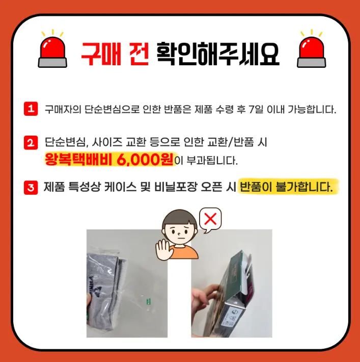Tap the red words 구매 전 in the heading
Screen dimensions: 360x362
[115, 54]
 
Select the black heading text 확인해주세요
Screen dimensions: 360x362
[218, 54]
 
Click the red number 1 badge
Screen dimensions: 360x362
[31, 109]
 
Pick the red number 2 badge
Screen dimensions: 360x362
[31, 143]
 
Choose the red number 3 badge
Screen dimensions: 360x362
[31, 188]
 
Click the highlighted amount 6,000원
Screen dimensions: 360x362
[145, 159]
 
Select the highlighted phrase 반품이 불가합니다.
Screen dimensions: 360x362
[286, 187]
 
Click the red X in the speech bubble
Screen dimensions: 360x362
[210, 219]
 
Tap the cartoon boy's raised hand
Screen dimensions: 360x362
[164, 250]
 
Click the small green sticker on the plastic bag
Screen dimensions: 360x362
[149, 301]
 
